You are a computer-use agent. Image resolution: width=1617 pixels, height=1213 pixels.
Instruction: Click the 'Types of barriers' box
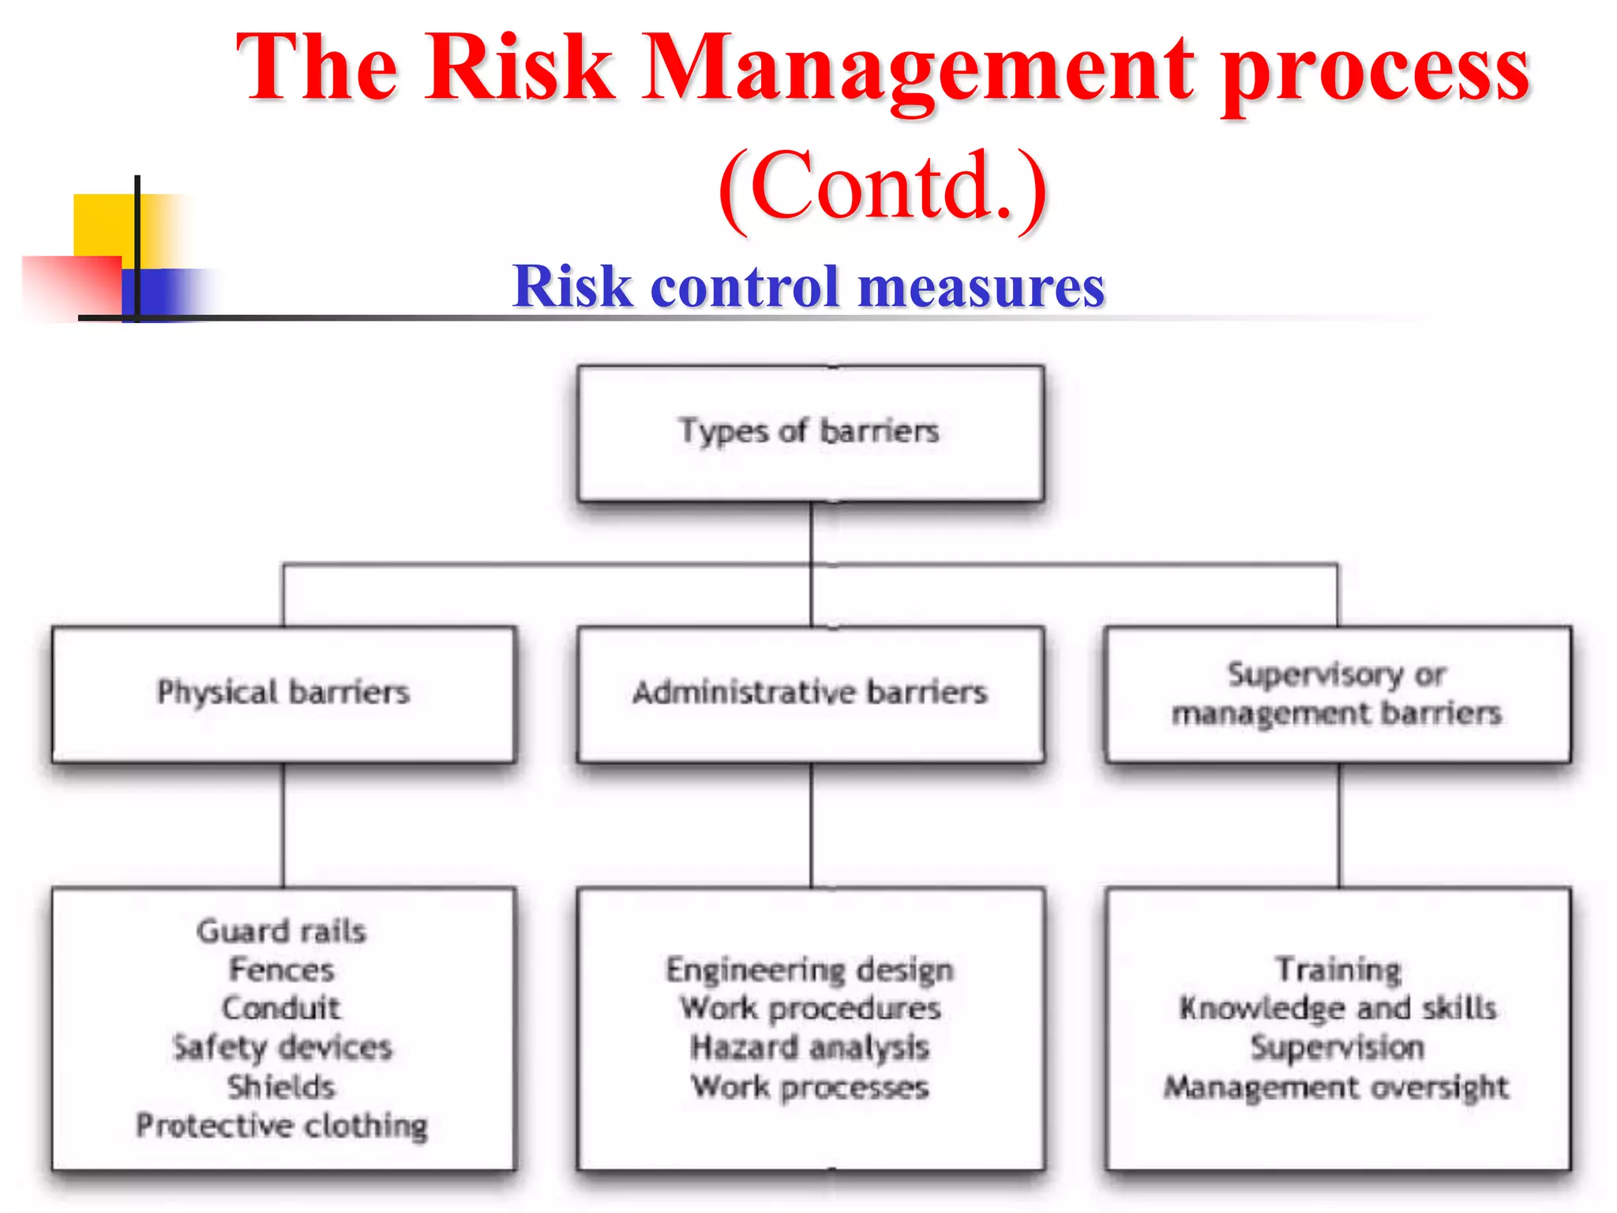pos(810,433)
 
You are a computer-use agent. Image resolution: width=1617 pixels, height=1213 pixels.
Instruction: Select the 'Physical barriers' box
pos(283,693)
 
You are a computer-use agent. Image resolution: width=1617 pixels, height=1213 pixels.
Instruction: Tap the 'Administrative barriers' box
pos(810,693)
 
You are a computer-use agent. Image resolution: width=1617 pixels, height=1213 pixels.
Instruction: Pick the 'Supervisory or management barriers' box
pos(1337,693)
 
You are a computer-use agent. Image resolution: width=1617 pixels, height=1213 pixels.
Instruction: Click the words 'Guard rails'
pos(282,931)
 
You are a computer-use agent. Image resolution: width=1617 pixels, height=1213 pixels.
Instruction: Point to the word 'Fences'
pos(282,970)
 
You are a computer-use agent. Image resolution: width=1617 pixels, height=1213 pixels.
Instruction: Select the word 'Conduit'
pos(282,1008)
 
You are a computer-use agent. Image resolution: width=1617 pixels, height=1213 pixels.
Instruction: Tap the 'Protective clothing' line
pos(282,1125)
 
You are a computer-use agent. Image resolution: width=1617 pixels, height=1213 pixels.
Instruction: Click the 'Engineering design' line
pos(810,970)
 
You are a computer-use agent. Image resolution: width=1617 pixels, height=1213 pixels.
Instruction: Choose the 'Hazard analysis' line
pos(810,1048)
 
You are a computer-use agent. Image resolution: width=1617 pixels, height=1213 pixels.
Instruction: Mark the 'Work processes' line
pos(810,1087)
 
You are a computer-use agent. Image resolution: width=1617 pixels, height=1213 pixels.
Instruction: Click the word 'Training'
pos(1337,970)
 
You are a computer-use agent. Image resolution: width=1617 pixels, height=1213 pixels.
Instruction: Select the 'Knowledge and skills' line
pos(1337,1008)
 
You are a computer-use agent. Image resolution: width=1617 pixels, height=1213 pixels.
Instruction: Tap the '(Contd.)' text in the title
pos(883,188)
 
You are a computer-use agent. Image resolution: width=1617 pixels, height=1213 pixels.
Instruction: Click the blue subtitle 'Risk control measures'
pos(808,286)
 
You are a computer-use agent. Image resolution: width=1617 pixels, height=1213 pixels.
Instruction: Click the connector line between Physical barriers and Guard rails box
pos(283,825)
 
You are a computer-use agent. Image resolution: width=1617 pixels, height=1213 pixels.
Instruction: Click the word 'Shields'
pos(282,1087)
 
